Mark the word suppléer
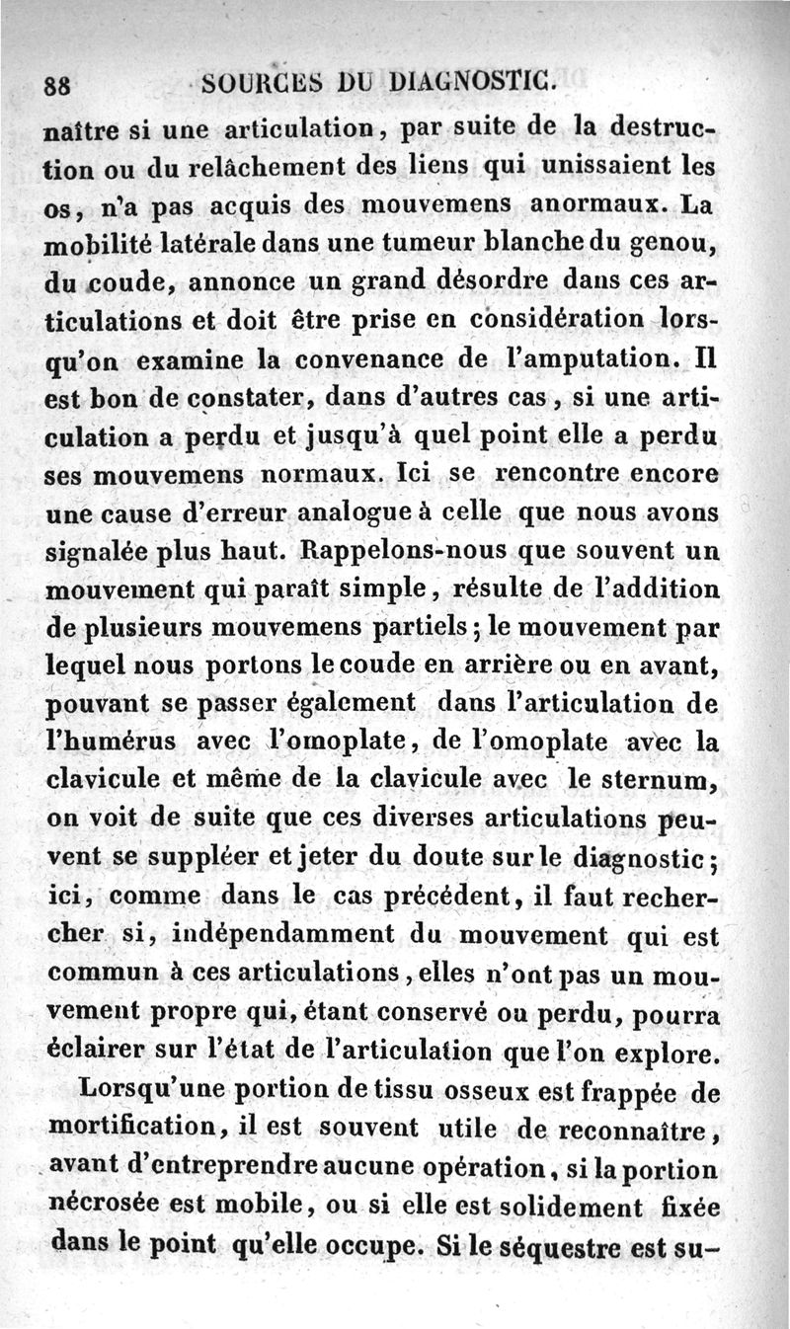(204, 856)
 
